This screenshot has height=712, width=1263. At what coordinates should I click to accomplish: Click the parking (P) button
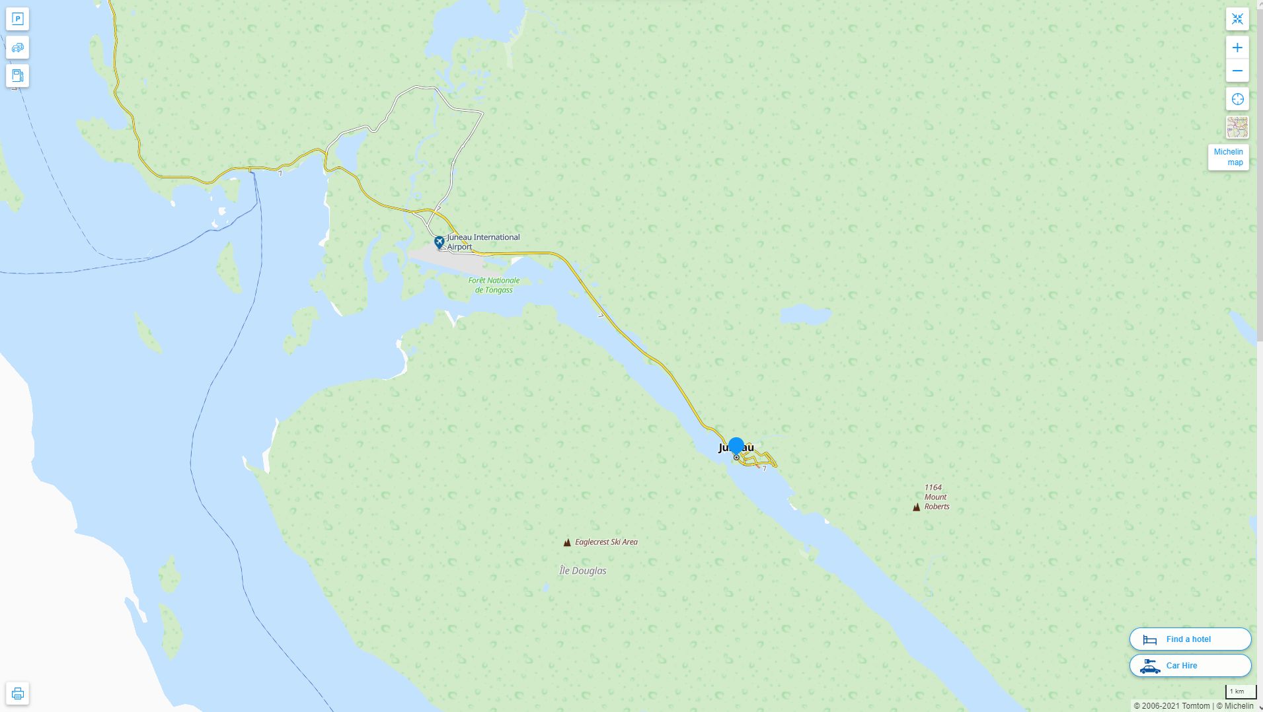click(18, 19)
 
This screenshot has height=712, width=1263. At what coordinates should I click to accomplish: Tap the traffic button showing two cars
click(18, 48)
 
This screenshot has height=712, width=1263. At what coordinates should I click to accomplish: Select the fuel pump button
click(18, 75)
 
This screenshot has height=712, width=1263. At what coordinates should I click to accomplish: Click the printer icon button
click(18, 694)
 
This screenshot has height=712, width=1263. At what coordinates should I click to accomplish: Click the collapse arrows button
click(1237, 19)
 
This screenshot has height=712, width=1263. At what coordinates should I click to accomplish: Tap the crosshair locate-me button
click(1237, 99)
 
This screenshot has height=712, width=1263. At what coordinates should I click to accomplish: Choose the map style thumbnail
click(1237, 127)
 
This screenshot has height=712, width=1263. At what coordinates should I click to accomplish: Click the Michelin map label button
click(1228, 157)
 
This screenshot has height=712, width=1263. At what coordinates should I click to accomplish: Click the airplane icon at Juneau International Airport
click(439, 242)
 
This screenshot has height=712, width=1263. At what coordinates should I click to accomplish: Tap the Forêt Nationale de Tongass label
click(494, 285)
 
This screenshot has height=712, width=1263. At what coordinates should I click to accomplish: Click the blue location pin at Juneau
click(736, 447)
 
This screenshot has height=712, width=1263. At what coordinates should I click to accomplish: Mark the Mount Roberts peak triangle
click(916, 507)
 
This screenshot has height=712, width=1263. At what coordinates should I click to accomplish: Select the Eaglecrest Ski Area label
click(605, 542)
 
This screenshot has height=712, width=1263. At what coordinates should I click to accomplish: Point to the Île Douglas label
click(582, 571)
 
